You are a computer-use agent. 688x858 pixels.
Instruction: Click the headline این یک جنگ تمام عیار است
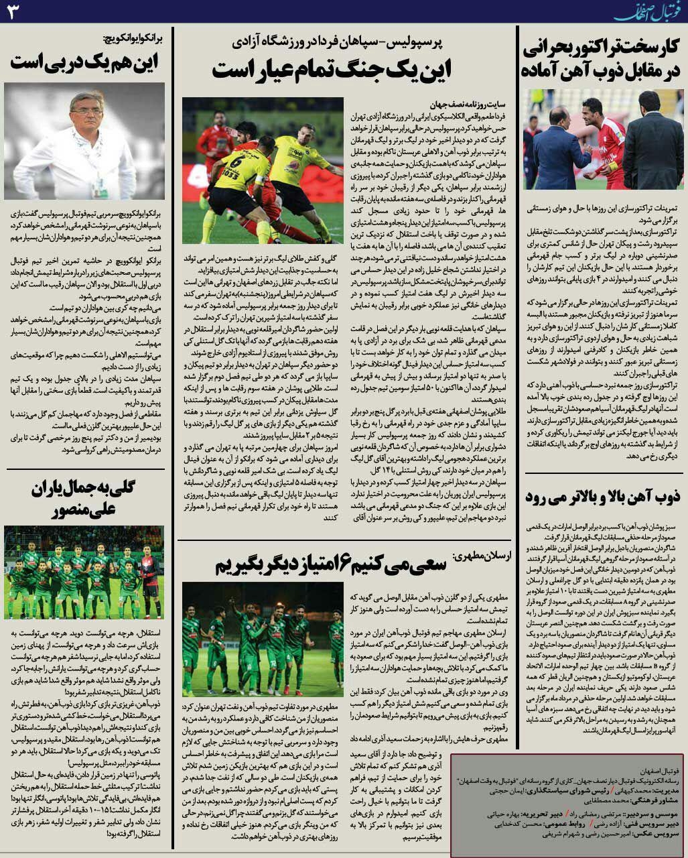click(x=331, y=70)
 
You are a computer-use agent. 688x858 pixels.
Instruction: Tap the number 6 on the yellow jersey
click(x=236, y=162)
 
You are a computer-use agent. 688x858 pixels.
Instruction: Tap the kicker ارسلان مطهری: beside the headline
click(x=482, y=556)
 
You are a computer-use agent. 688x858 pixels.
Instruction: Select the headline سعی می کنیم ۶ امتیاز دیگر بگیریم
click(x=331, y=564)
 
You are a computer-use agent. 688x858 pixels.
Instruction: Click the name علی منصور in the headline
click(x=84, y=511)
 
